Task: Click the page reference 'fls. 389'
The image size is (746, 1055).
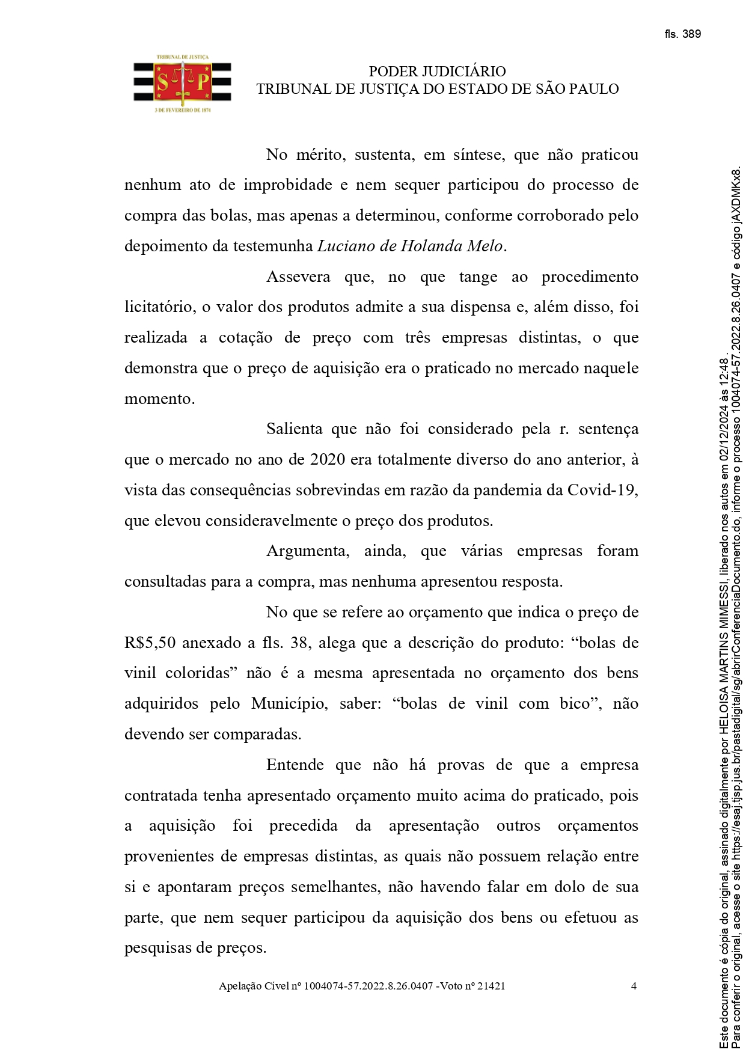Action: [682, 34]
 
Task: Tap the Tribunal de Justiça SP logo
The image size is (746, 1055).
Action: [182, 84]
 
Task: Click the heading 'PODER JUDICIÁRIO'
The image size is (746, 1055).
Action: [437, 72]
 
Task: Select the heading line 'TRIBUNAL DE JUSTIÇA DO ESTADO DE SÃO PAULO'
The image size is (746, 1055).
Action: [437, 90]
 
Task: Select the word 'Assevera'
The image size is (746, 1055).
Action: [298, 277]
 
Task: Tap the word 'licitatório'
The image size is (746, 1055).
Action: [159, 308]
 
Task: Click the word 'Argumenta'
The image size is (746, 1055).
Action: [307, 551]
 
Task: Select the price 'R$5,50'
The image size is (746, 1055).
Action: [150, 643]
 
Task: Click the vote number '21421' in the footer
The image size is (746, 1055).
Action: [491, 986]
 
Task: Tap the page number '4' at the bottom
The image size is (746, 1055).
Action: [634, 986]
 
